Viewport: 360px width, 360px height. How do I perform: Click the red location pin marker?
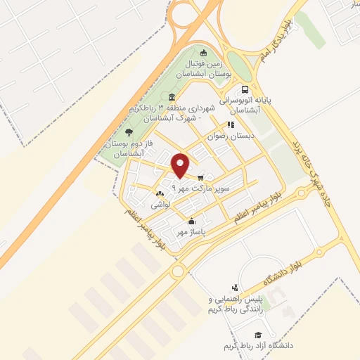(181, 165)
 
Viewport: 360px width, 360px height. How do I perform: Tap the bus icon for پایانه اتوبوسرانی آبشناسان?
(245, 89)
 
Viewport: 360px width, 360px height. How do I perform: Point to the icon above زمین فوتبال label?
(204, 52)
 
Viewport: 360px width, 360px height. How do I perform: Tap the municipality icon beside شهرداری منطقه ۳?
(172, 98)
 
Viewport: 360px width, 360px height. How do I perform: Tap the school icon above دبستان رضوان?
(229, 124)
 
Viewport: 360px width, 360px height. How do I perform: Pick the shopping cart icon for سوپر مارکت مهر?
(201, 177)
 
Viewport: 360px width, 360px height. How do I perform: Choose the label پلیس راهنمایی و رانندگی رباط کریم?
(229, 304)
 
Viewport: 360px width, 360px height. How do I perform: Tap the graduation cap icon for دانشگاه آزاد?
(258, 335)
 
